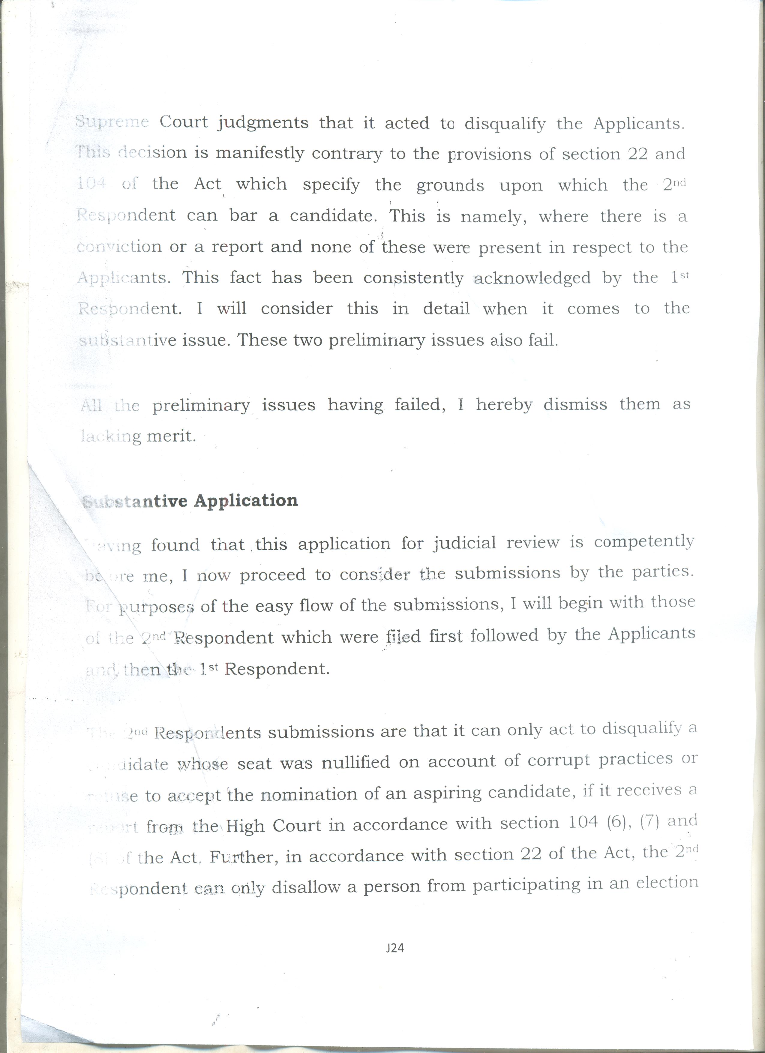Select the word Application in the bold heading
[246, 500]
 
